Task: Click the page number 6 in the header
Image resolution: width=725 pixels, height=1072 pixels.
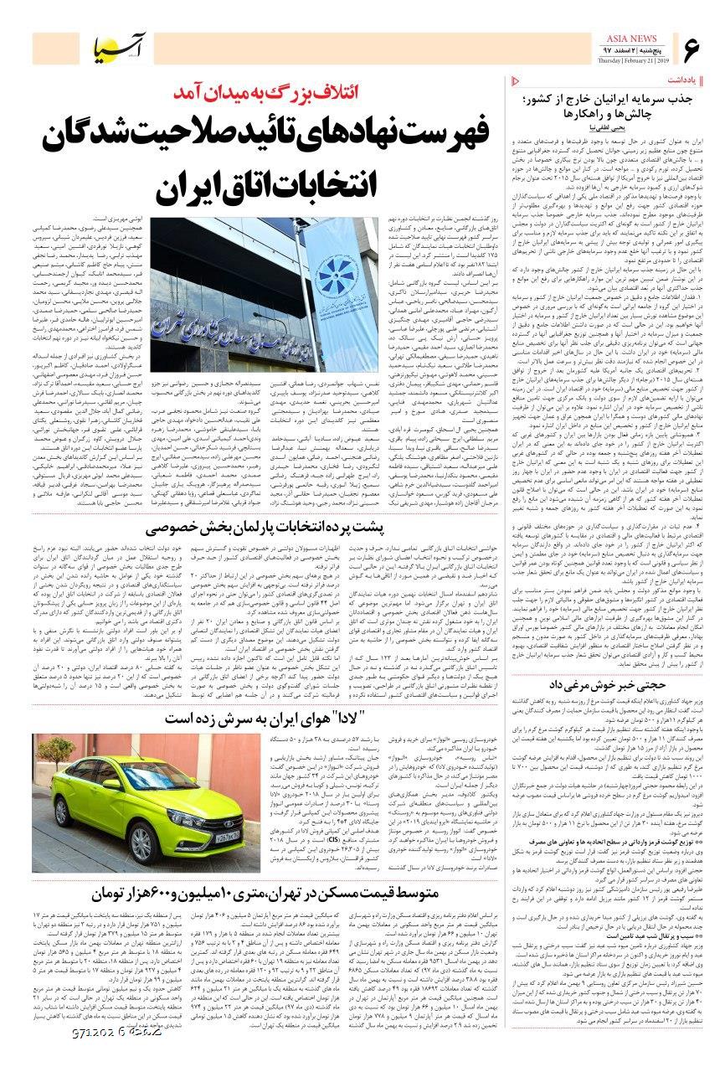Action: click(691, 50)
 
